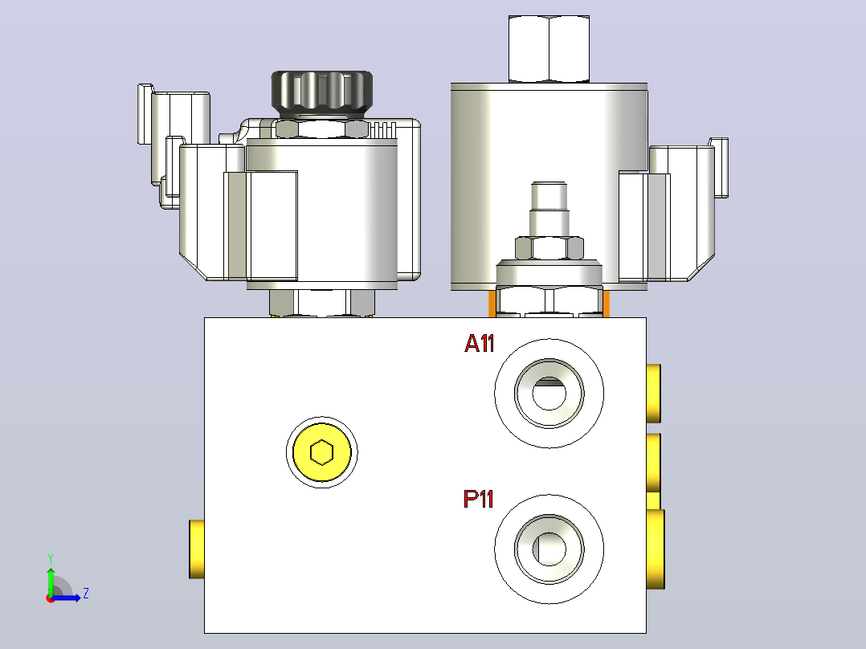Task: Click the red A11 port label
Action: tap(479, 343)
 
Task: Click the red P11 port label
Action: tap(478, 499)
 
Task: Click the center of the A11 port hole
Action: tap(549, 393)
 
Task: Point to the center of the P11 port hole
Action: tap(549, 549)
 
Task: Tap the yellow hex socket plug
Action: tap(322, 452)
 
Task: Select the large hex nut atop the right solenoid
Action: tap(549, 49)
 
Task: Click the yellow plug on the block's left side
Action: tap(197, 549)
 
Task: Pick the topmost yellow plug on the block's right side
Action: tap(653, 394)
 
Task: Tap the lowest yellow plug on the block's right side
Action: tap(655, 549)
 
